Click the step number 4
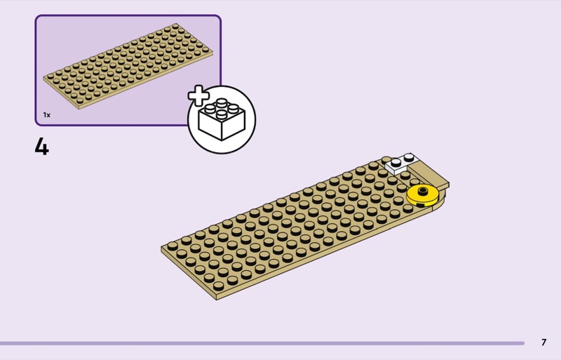(x=42, y=147)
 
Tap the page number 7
(x=543, y=342)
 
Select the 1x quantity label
(x=47, y=114)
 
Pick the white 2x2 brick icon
(x=222, y=120)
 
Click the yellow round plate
(x=422, y=194)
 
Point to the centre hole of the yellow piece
(x=422, y=190)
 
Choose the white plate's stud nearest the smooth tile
(x=409, y=159)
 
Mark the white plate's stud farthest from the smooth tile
(x=396, y=164)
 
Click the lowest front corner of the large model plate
(x=217, y=298)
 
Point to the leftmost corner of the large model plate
(x=162, y=248)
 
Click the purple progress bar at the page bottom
(x=259, y=343)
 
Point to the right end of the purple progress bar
(x=522, y=343)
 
